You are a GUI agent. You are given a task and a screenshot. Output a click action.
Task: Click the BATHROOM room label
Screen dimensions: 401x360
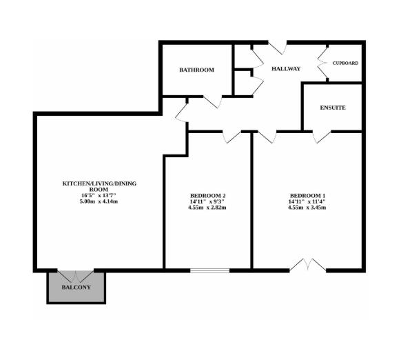[x=196, y=70]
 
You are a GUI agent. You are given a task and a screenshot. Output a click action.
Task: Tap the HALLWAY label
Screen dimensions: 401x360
[x=286, y=69]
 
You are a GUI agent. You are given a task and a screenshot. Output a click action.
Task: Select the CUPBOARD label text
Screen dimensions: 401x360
[x=345, y=63]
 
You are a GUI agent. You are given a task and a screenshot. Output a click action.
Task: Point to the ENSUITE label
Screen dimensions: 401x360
[x=333, y=108]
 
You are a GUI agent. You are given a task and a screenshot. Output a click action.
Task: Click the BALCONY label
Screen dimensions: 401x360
[x=76, y=288]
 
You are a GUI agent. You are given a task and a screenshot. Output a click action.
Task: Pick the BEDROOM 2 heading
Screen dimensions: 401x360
[x=207, y=196]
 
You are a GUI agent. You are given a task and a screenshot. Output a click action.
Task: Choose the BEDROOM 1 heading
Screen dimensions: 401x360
[x=307, y=196]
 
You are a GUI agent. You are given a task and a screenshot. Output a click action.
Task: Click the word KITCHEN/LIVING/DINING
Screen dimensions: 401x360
[x=99, y=183]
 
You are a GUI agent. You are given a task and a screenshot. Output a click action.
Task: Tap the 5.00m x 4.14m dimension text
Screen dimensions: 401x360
[x=99, y=201]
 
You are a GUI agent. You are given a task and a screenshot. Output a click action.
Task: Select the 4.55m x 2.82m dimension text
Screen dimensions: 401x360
[x=207, y=208]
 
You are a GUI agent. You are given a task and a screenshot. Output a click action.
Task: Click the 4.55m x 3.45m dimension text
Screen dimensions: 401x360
[x=307, y=208]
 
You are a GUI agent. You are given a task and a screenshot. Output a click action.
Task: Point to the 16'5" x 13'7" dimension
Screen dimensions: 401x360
[x=99, y=195]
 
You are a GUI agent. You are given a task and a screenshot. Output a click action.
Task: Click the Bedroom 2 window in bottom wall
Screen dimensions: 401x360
[x=209, y=270]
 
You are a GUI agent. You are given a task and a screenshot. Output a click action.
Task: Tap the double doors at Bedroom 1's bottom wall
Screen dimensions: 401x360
[x=308, y=265]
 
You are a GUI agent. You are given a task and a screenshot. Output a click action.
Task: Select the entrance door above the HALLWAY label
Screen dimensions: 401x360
[x=278, y=48]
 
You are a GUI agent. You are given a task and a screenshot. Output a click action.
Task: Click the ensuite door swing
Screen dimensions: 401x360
[x=322, y=137]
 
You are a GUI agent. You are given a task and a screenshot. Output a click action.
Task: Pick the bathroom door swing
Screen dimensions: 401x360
[x=213, y=102]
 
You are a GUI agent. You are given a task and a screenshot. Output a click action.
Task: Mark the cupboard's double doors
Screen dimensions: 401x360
[x=322, y=63]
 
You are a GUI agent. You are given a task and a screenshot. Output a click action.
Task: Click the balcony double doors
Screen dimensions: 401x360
[x=75, y=277]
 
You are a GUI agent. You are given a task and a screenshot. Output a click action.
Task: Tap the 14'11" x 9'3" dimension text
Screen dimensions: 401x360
[x=207, y=201]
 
